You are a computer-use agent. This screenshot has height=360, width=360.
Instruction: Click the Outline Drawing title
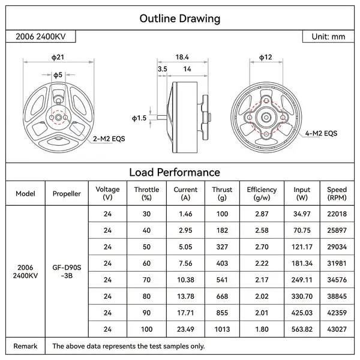click(x=179, y=18)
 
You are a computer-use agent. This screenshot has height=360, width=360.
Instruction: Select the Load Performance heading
click(x=179, y=172)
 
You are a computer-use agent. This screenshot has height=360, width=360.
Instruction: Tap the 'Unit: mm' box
click(x=328, y=37)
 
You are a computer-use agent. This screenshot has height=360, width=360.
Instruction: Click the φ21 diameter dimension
click(x=58, y=57)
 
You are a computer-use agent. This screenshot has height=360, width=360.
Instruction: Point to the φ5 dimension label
click(x=58, y=75)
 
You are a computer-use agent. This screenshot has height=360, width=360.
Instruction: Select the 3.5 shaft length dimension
click(x=162, y=70)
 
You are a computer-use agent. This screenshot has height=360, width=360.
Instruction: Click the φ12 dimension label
click(x=266, y=57)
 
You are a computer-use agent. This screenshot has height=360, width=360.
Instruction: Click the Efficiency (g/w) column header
click(x=262, y=193)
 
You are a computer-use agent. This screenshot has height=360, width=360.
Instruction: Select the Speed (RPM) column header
click(x=337, y=193)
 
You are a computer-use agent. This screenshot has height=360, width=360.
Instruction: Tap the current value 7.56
click(x=185, y=263)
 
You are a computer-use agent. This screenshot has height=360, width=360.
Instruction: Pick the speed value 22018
click(x=337, y=214)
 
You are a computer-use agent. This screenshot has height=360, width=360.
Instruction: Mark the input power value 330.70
click(x=302, y=296)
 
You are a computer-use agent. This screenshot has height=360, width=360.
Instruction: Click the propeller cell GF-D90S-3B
click(x=67, y=271)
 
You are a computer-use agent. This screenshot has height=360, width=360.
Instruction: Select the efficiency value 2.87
click(x=262, y=214)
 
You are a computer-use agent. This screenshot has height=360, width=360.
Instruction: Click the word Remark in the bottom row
click(x=25, y=346)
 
